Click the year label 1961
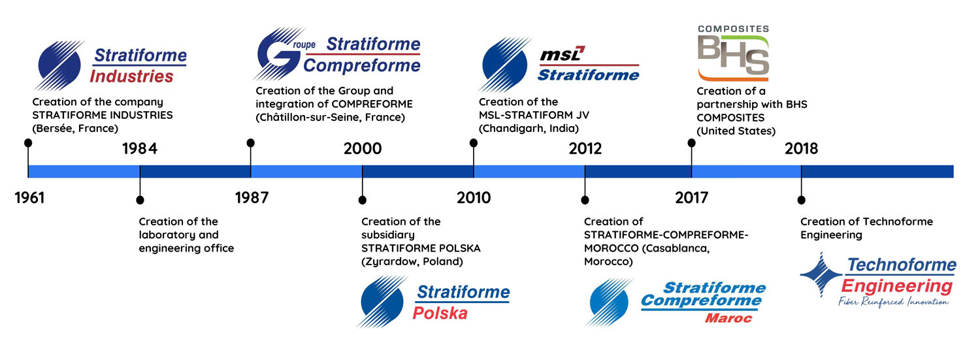(29, 198)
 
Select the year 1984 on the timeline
(140, 149)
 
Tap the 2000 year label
(362, 149)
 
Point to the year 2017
(691, 198)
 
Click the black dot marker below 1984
(140, 201)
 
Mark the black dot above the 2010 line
(474, 143)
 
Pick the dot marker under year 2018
(801, 201)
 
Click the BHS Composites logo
(733, 53)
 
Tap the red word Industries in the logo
(132, 76)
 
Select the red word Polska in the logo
(440, 313)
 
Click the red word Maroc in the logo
(728, 318)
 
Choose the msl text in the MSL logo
(562, 54)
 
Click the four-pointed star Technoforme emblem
(821, 275)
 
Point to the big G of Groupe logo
(276, 54)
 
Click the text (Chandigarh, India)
(529, 129)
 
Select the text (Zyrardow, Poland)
(412, 261)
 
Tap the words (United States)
(736, 131)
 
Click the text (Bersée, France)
(75, 129)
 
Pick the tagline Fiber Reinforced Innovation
(893, 302)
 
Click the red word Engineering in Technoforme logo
(897, 286)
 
